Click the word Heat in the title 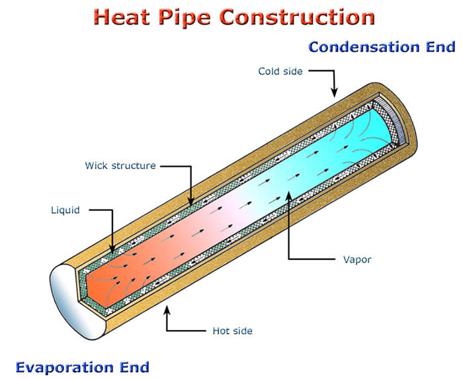(x=122, y=17)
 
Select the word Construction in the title (x=298, y=17)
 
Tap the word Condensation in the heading (x=364, y=47)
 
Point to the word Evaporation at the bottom (x=65, y=368)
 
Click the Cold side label (x=280, y=71)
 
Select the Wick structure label (x=120, y=165)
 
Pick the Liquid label (x=65, y=210)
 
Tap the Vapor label (x=357, y=259)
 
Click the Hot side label (x=232, y=331)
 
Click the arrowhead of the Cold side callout (x=334, y=94)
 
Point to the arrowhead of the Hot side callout (x=167, y=309)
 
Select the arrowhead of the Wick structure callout (x=191, y=202)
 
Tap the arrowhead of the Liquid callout (x=112, y=249)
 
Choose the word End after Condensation (x=441, y=47)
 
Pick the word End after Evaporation (x=134, y=368)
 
